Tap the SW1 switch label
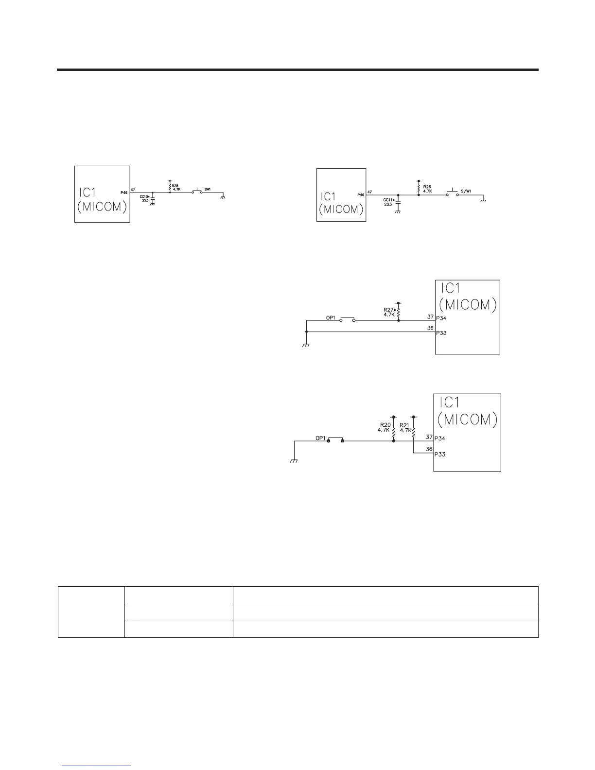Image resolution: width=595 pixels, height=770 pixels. (208, 189)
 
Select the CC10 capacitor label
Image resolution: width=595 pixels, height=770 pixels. (144, 197)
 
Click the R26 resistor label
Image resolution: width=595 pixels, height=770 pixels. (427, 186)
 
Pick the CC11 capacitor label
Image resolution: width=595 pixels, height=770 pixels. (389, 200)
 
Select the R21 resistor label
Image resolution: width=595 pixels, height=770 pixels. (404, 424)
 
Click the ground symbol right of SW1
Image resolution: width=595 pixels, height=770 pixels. (222, 197)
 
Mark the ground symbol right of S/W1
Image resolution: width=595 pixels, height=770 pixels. (483, 200)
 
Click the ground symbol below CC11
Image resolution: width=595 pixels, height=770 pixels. (398, 212)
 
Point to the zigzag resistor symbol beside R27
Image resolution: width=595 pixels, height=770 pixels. (399, 312)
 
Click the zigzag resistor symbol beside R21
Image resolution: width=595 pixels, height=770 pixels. (413, 430)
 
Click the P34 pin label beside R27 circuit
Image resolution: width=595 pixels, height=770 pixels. (441, 318)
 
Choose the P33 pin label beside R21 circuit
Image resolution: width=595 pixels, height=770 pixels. (440, 455)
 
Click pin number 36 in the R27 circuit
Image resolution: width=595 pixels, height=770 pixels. (430, 328)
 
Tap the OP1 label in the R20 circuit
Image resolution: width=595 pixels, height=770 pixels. (320, 438)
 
